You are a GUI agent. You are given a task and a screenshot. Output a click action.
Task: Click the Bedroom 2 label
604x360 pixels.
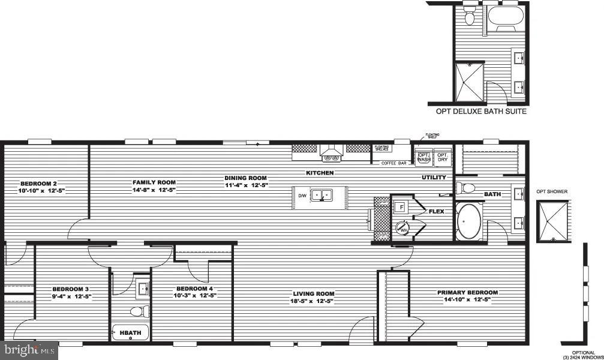(38, 183)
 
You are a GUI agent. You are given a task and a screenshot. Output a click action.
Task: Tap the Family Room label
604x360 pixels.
(154, 182)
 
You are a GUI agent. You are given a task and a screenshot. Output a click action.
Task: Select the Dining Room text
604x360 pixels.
(245, 178)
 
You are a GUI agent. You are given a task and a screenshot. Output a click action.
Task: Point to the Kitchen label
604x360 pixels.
(320, 173)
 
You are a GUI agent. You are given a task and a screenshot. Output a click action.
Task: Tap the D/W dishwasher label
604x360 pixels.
(302, 196)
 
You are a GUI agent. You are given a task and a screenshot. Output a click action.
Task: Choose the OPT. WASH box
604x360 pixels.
(425, 158)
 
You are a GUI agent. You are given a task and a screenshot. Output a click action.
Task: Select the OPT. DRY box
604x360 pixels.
(443, 158)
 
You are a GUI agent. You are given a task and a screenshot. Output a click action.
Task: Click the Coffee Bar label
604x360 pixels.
(394, 163)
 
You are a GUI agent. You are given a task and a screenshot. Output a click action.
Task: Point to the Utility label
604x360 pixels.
(434, 178)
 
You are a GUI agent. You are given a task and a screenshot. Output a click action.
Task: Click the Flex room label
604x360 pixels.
(436, 211)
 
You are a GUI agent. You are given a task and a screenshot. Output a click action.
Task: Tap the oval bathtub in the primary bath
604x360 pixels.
(470, 221)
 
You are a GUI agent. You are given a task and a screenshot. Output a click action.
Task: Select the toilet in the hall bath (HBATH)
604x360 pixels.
(140, 311)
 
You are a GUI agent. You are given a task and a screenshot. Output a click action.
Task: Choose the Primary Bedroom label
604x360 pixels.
(468, 292)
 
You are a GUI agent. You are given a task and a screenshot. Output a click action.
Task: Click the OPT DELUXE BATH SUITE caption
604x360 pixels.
(481, 112)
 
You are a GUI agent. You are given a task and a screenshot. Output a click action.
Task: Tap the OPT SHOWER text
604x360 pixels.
(552, 192)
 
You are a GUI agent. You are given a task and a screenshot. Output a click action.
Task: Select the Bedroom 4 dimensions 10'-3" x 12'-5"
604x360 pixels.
(194, 295)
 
